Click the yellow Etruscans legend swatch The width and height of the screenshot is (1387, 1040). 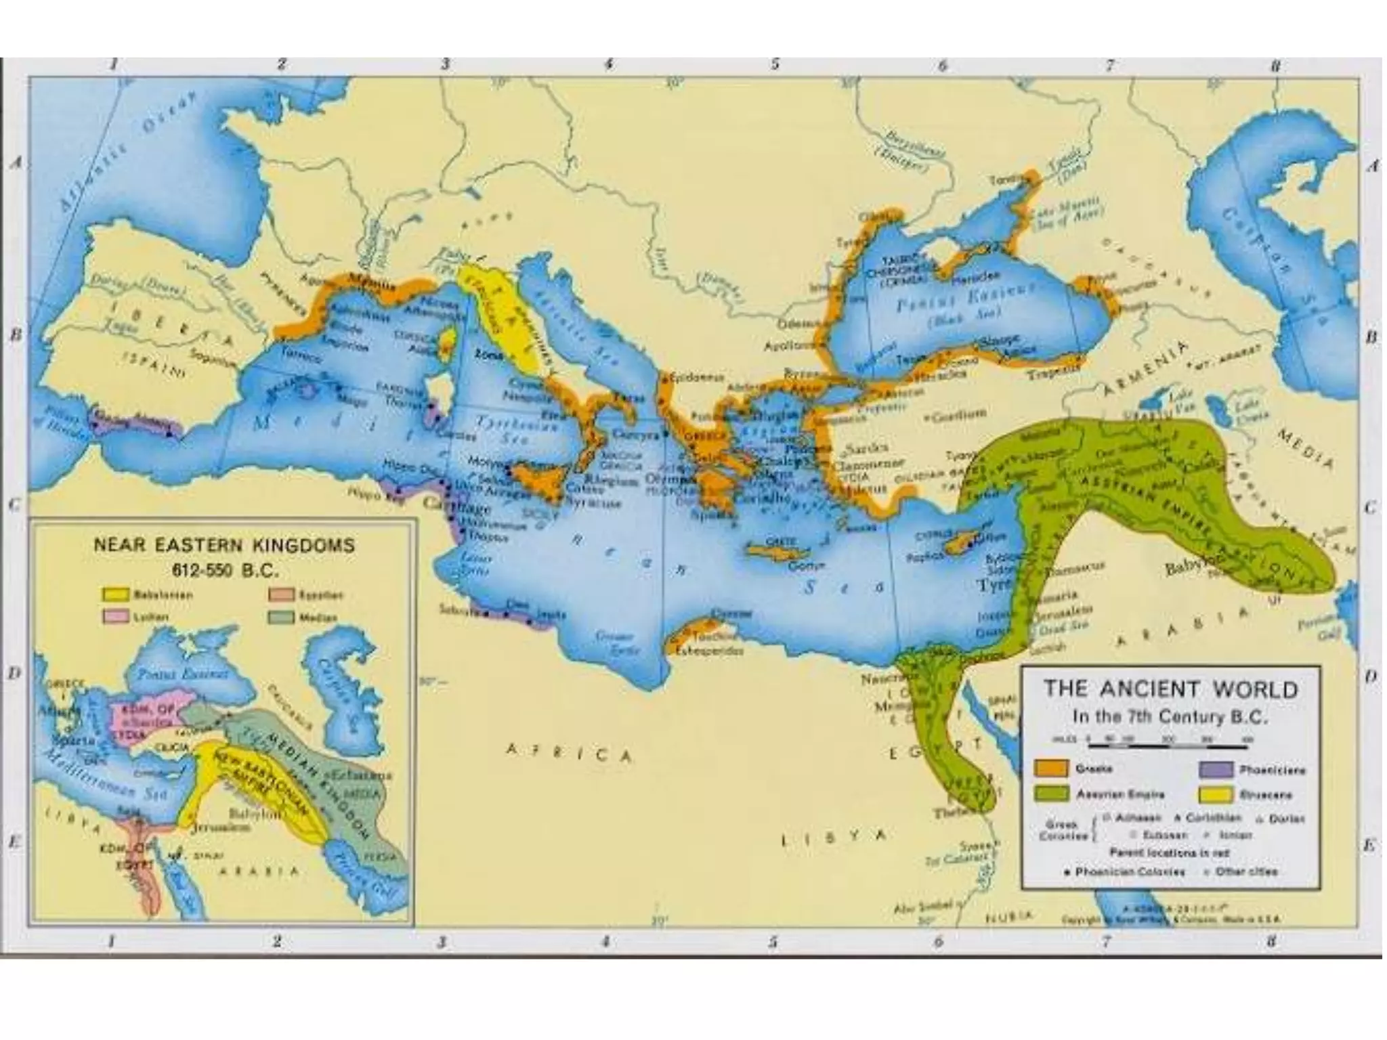(x=1215, y=794)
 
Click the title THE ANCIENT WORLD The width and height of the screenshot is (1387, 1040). (x=1170, y=690)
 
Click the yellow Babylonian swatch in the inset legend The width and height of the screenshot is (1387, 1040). (x=115, y=595)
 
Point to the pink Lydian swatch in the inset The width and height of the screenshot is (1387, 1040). (x=115, y=617)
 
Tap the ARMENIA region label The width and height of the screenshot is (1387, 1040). (x=1145, y=370)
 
